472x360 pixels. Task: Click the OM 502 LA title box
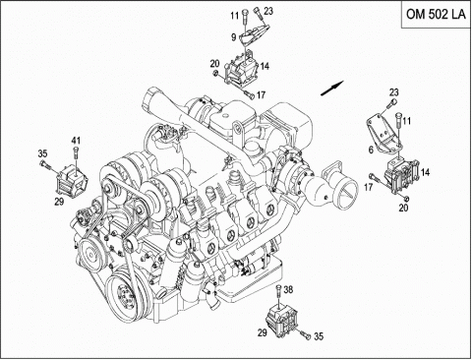(x=437, y=14)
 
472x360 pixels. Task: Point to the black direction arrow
(x=332, y=88)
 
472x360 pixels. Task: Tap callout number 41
(x=76, y=141)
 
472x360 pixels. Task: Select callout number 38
(x=288, y=289)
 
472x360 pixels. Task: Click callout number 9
(x=233, y=37)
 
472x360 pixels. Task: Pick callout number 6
(x=371, y=150)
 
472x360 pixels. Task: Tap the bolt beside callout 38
(x=278, y=291)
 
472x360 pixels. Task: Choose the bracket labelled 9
(x=255, y=36)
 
